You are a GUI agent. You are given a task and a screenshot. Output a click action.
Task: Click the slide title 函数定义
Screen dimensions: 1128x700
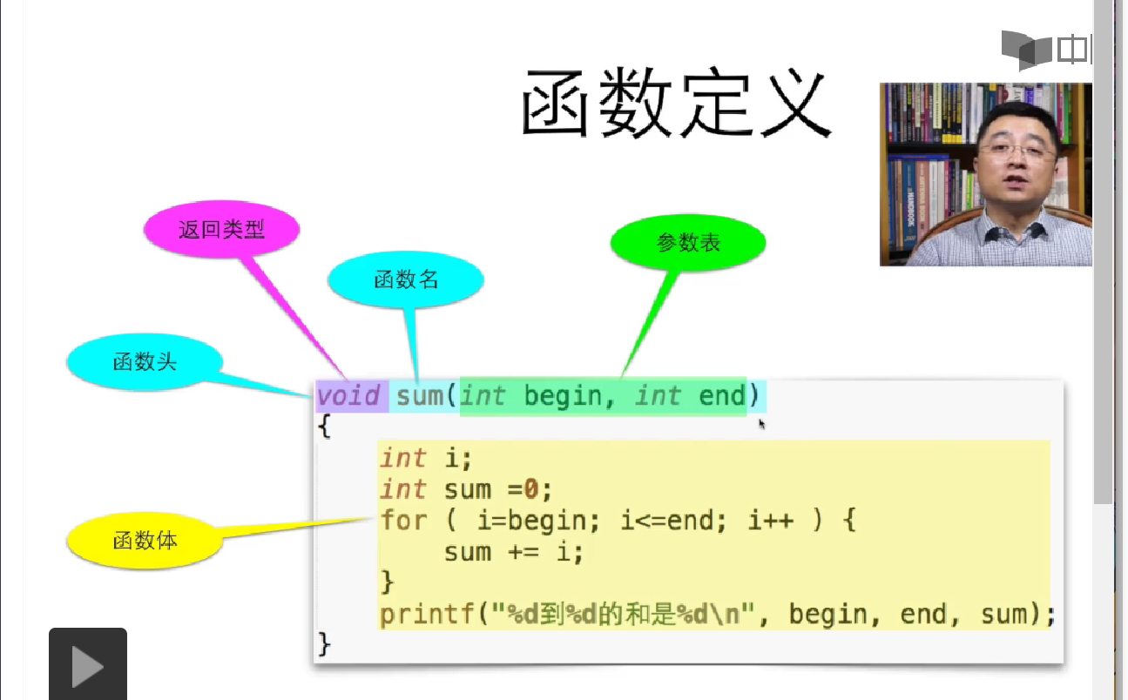(x=675, y=104)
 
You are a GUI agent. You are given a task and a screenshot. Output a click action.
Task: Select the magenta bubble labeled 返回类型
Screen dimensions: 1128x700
(x=221, y=229)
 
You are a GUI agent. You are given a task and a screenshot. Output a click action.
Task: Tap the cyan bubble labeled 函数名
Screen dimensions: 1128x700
(x=405, y=279)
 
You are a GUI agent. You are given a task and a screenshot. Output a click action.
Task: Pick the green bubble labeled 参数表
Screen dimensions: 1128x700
(x=688, y=243)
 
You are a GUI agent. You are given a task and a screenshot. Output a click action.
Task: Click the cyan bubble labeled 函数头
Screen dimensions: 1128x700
(x=145, y=361)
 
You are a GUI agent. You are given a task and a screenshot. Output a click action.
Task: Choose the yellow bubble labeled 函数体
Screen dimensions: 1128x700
(x=145, y=541)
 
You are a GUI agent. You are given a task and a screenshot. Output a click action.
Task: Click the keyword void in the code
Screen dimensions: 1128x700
(x=348, y=396)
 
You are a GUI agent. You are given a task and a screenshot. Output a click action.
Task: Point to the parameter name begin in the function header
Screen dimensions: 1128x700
(x=563, y=396)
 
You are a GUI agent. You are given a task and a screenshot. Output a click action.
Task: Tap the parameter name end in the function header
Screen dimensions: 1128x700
(x=722, y=396)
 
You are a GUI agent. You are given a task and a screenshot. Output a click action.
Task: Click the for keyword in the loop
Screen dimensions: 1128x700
(x=403, y=521)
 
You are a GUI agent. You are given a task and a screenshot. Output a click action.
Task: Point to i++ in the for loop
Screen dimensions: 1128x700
(x=770, y=521)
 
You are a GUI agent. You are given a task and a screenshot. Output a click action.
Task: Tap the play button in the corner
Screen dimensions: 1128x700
(x=87, y=666)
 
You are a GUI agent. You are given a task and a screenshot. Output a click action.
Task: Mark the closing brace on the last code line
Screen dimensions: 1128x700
(x=325, y=644)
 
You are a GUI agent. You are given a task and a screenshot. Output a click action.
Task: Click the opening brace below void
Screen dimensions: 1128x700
(x=325, y=427)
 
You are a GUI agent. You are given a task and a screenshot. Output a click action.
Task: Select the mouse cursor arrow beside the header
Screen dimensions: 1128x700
(x=761, y=423)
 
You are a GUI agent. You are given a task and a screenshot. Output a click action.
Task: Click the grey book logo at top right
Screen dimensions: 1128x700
(x=1027, y=49)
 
